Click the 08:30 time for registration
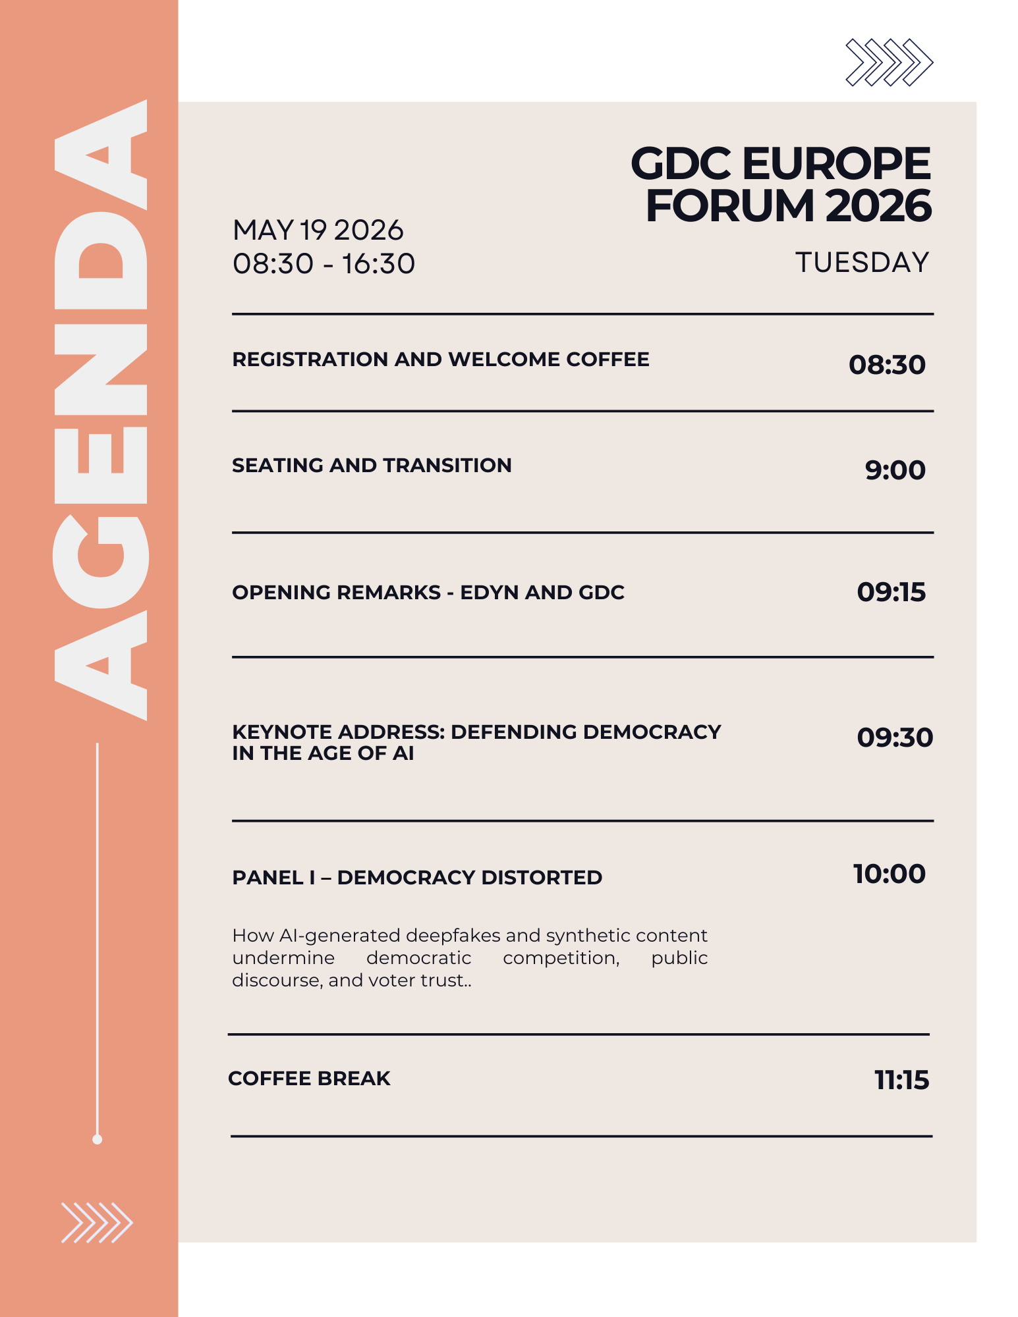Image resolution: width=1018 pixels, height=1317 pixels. [x=887, y=365]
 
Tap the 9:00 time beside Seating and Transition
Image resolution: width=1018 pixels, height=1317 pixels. [x=895, y=470]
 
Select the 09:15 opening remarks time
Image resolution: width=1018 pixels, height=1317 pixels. [x=891, y=592]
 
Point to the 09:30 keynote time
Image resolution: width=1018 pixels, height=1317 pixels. [x=894, y=738]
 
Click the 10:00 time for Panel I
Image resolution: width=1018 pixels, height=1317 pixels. [x=890, y=874]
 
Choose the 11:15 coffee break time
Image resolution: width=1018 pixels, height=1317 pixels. [x=901, y=1080]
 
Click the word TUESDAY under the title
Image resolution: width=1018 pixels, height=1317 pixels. [x=862, y=262]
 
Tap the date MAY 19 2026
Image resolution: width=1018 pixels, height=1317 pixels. [x=318, y=230]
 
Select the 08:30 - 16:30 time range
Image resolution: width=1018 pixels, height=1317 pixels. [x=324, y=264]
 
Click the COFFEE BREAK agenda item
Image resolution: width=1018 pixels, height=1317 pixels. [x=309, y=1079]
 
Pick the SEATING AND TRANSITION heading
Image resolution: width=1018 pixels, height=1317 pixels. [x=372, y=466]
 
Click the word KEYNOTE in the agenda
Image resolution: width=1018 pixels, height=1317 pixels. [x=283, y=732]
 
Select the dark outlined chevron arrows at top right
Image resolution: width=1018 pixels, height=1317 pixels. [x=889, y=63]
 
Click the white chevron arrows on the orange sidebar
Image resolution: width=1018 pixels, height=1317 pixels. [x=97, y=1223]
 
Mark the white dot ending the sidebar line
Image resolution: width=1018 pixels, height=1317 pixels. [x=98, y=1139]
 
